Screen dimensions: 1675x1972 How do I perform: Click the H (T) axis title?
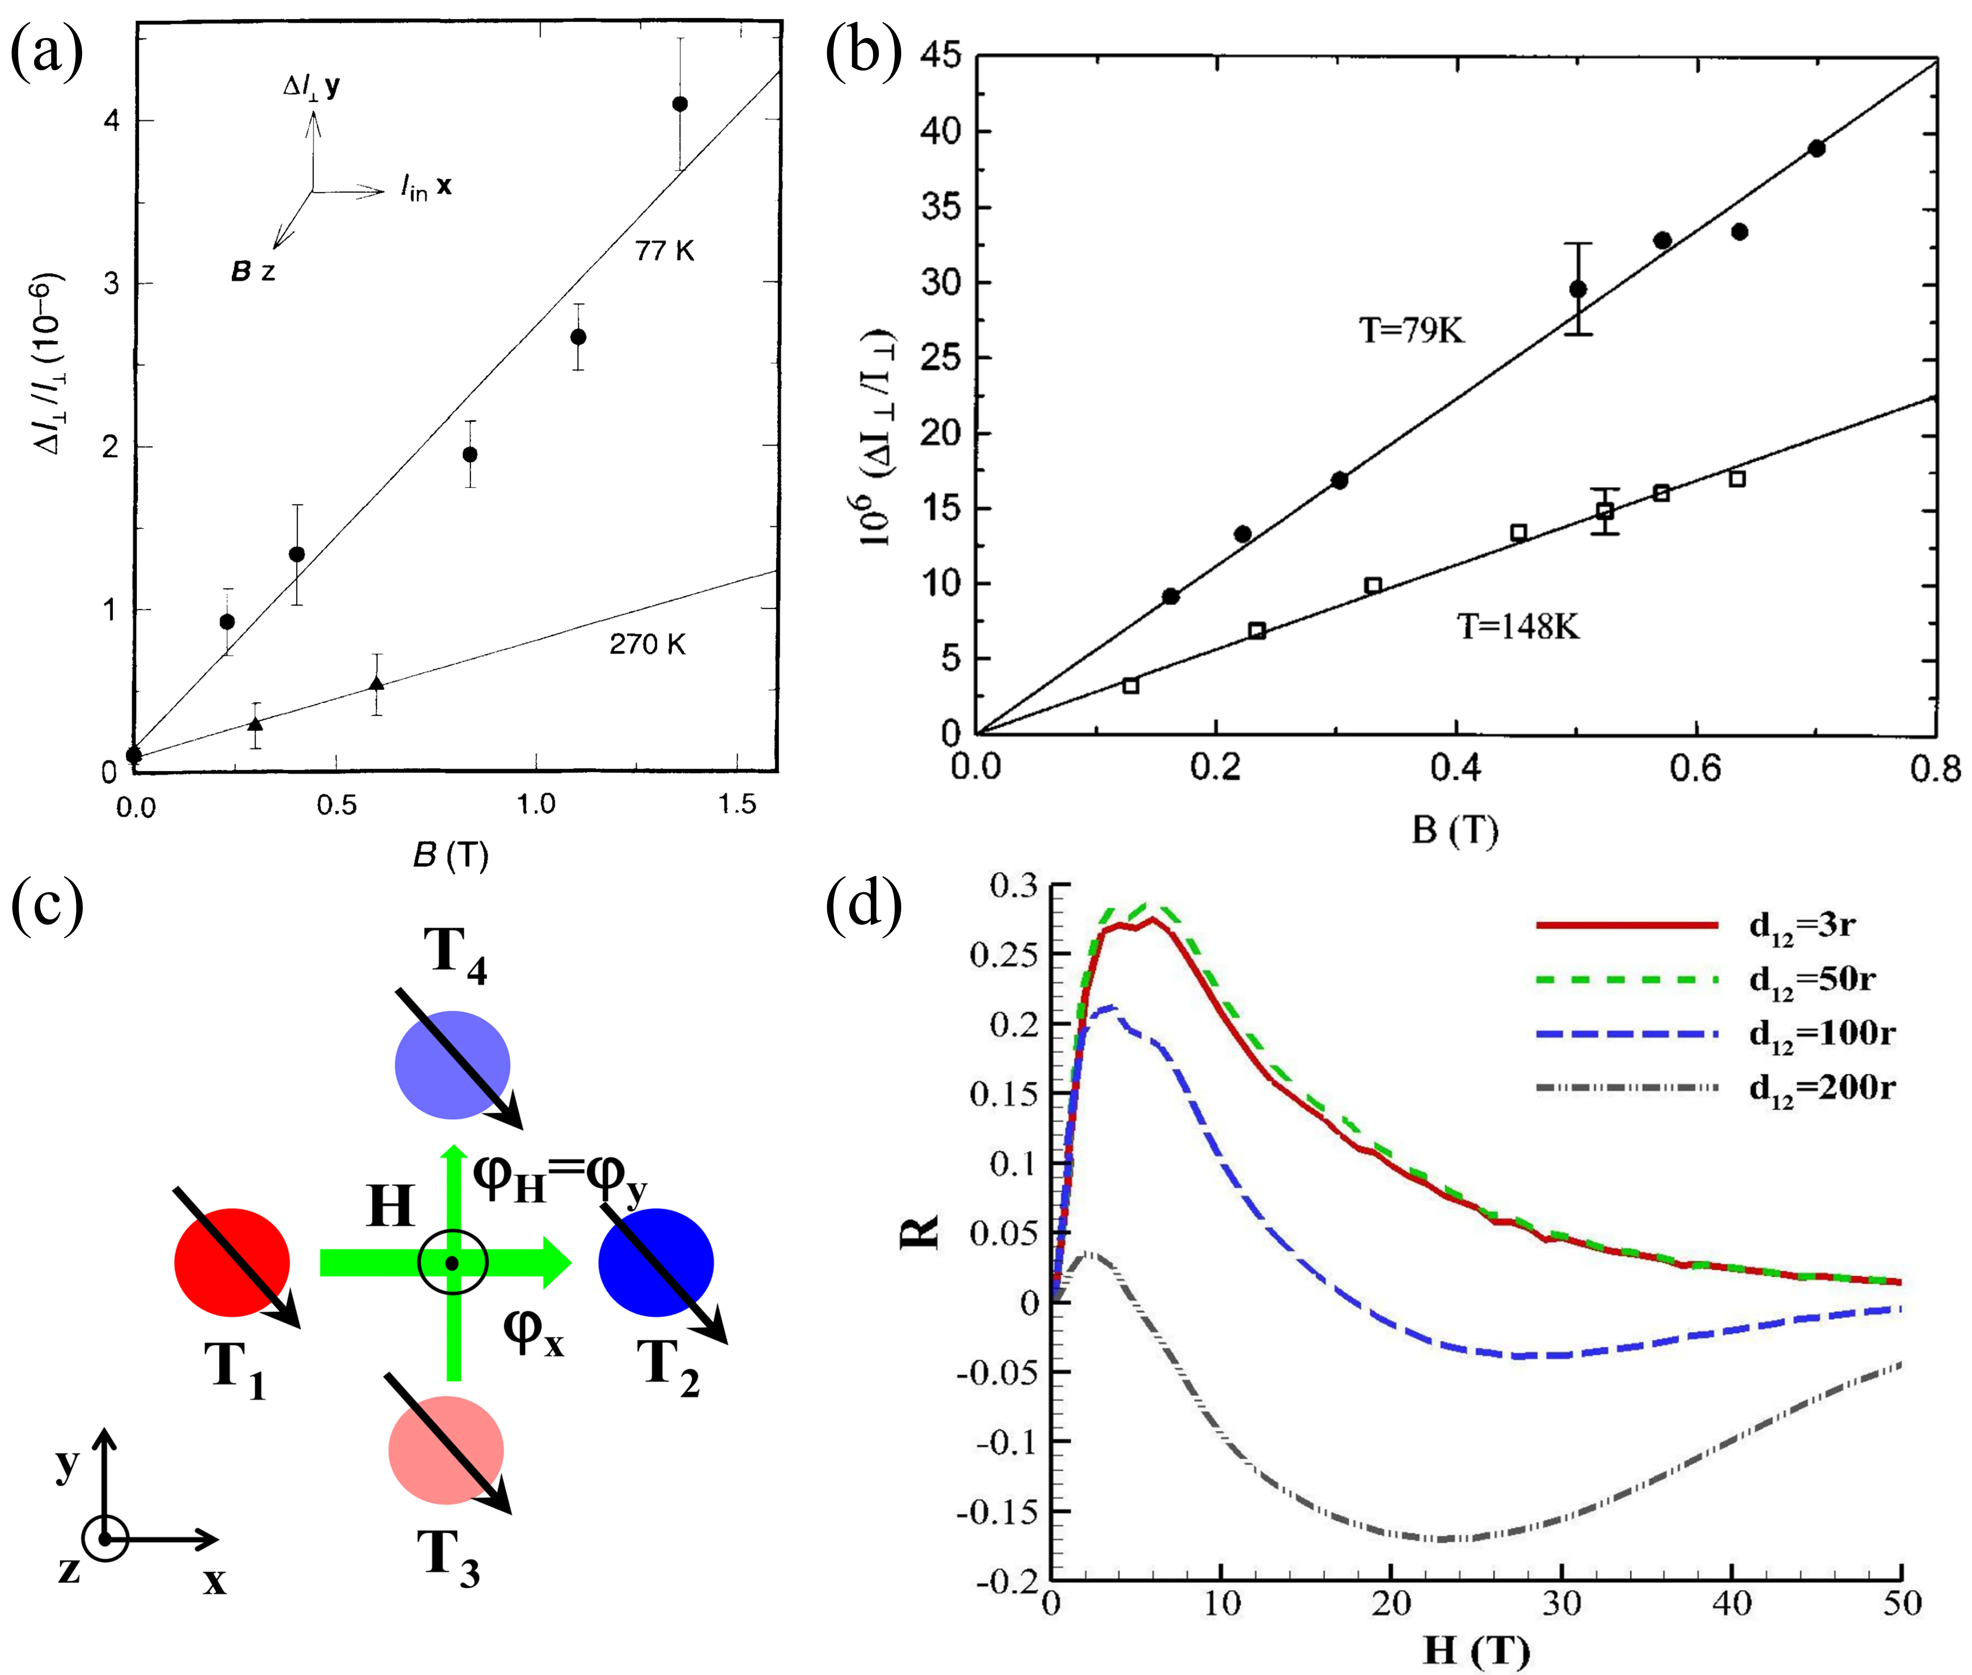pyautogui.click(x=1477, y=1650)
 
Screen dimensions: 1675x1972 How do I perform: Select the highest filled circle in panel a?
pyautogui.click(x=680, y=104)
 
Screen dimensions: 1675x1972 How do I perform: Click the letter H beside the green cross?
pyautogui.click(x=390, y=1207)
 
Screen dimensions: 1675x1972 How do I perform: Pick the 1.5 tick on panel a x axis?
pyautogui.click(x=737, y=805)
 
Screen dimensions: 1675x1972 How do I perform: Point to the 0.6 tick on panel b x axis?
pyautogui.click(x=1696, y=767)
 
